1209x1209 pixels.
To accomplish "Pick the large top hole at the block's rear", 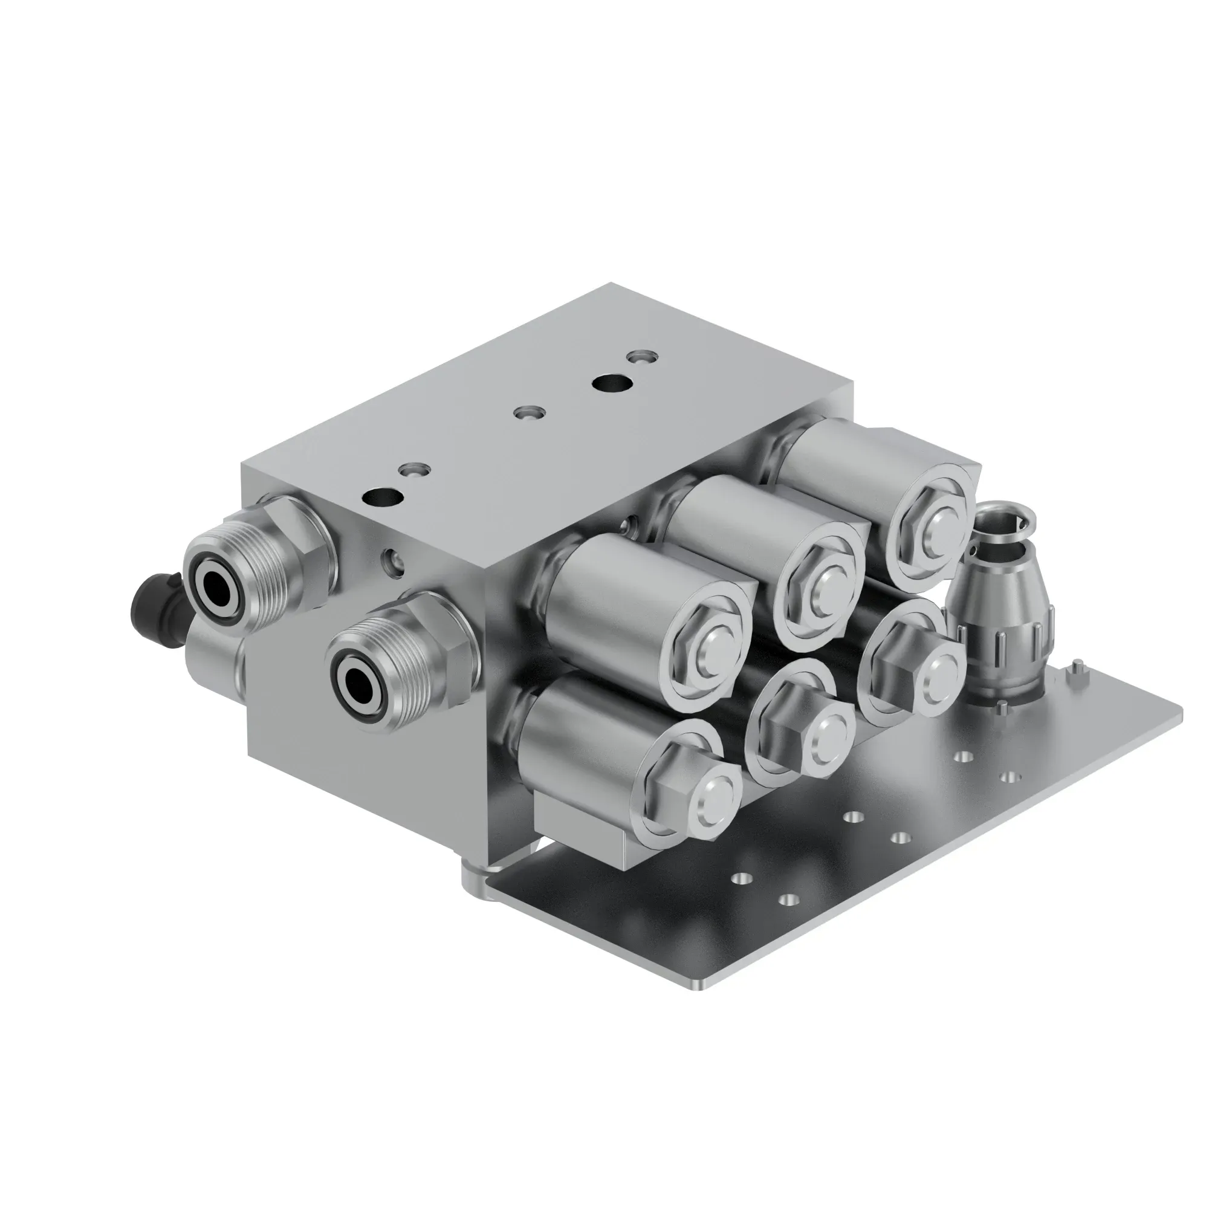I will (611, 381).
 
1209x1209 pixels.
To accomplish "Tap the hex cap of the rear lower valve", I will (907, 670).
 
